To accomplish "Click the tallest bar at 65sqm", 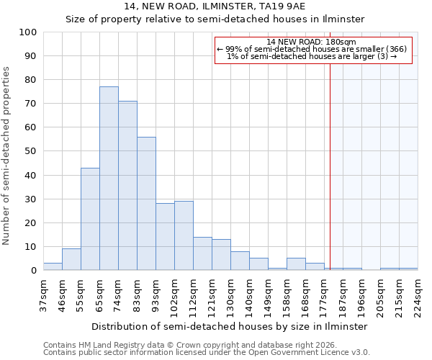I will [x=109, y=178].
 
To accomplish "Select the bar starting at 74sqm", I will [x=127, y=185].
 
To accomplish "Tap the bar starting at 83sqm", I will [x=146, y=203].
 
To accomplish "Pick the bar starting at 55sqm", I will [x=90, y=219].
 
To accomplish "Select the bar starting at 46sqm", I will [x=71, y=259].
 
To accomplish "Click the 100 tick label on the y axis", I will [x=28, y=32].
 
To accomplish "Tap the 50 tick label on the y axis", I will [x=31, y=151].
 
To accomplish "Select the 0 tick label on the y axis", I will [x=34, y=271].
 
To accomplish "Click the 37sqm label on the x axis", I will [x=44, y=293].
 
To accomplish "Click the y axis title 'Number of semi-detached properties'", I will [x=6, y=156].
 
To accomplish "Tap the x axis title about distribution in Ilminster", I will [x=230, y=326].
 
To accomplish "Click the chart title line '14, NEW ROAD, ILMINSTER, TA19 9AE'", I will [x=215, y=6].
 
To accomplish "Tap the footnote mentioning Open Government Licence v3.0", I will [x=206, y=352].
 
